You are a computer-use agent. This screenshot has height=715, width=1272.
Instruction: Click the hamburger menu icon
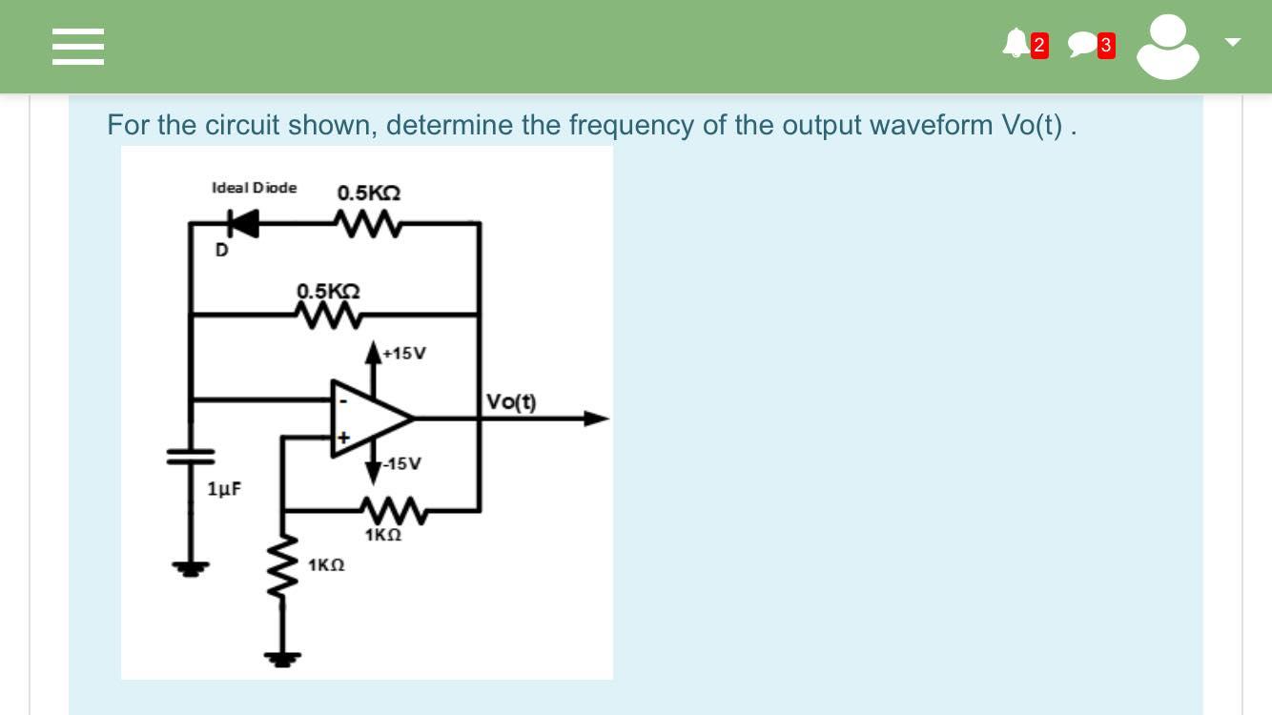tap(77, 46)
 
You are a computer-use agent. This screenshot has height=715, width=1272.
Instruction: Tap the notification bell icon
tap(1016, 44)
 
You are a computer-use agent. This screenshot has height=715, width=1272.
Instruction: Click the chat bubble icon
tap(1082, 45)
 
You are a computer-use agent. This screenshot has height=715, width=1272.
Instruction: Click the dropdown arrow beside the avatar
tap(1233, 42)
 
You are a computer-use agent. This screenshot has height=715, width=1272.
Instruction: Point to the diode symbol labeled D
tap(242, 223)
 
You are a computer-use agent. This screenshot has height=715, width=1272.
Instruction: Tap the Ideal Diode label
tap(254, 188)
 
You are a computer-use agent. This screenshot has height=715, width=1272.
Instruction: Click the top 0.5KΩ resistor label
tap(368, 193)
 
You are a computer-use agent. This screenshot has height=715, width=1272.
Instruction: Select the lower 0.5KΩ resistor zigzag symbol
tap(328, 314)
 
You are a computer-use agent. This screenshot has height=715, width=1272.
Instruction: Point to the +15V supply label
tap(404, 354)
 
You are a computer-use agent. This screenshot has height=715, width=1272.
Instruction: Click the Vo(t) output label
tap(511, 402)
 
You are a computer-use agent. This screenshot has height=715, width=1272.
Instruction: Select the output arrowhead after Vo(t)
tap(595, 418)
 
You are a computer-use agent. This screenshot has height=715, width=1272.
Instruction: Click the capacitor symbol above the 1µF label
tap(192, 456)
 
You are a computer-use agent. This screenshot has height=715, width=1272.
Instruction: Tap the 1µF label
tap(224, 489)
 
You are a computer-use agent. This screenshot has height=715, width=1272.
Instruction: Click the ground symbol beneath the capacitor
tap(191, 568)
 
